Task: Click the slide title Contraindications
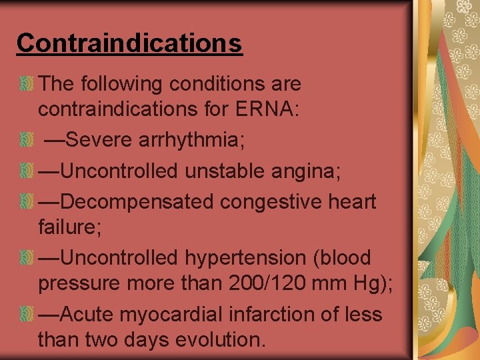point(129,43)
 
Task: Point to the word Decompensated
point(140,201)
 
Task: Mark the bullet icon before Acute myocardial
point(26,314)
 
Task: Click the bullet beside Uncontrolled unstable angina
point(26,171)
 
